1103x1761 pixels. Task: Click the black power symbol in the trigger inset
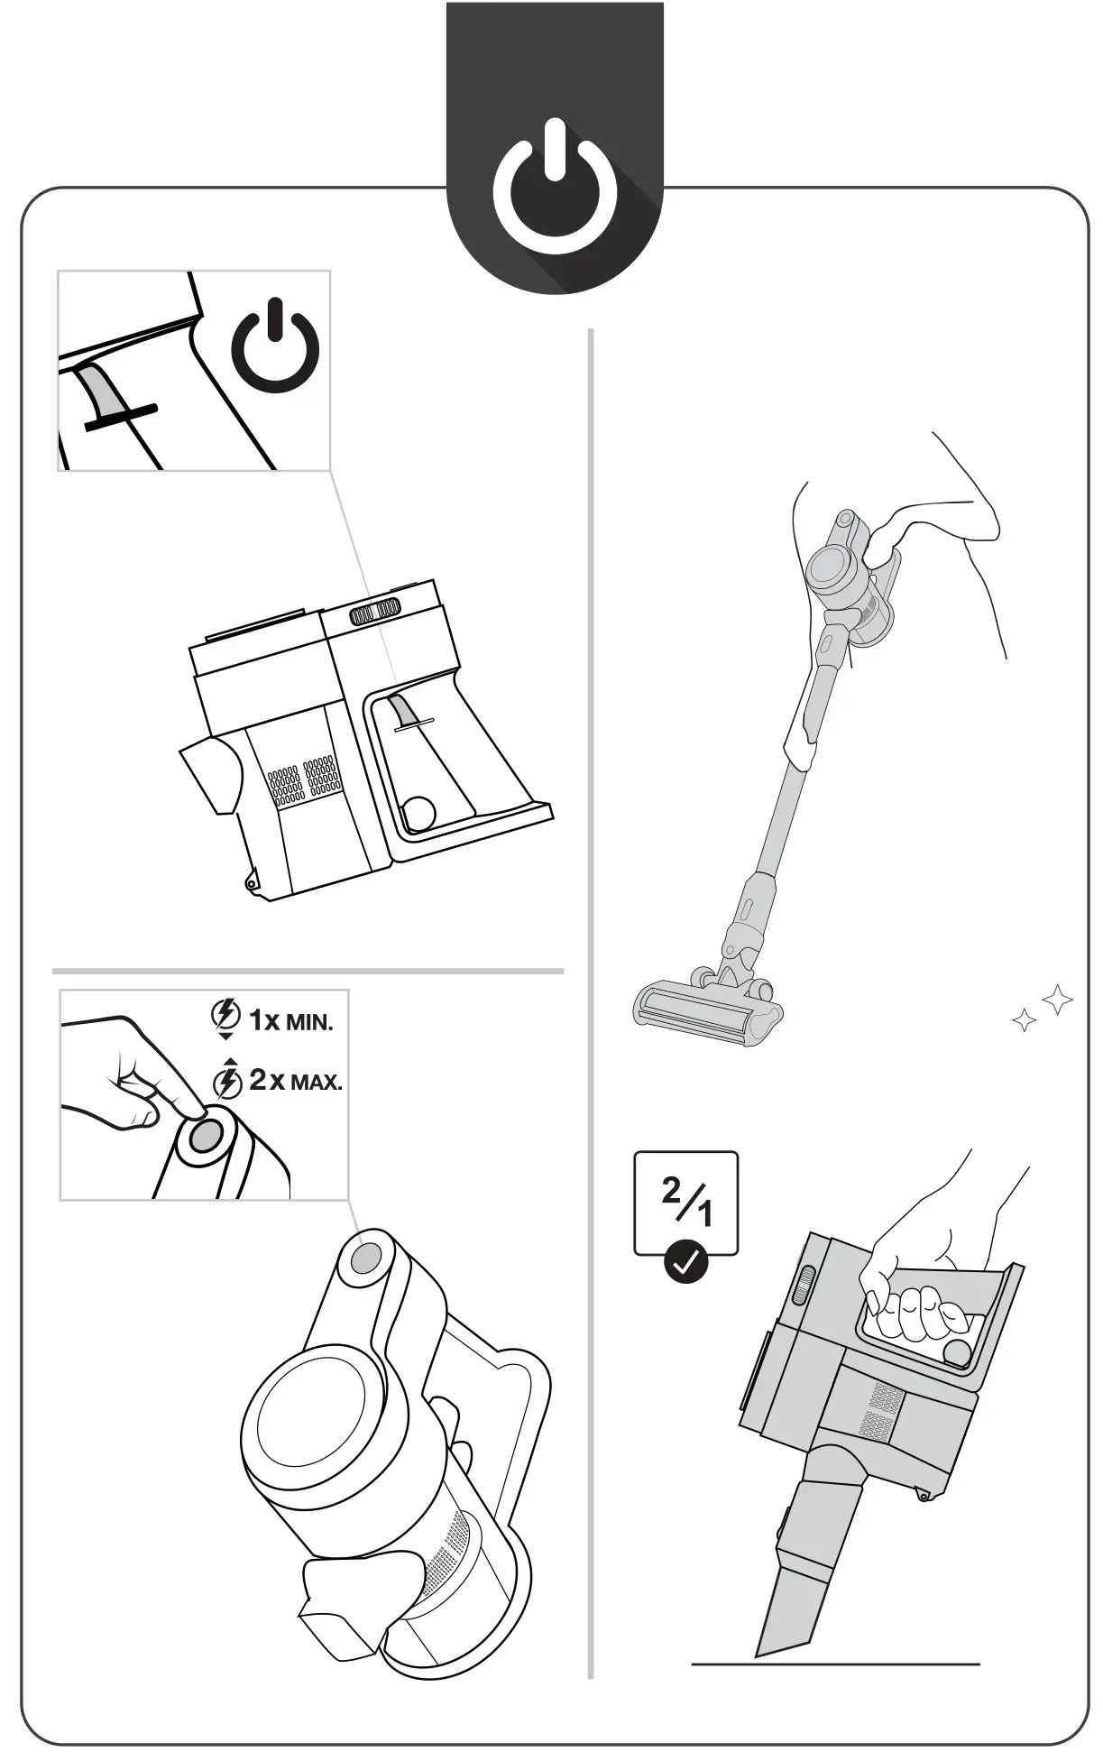pyautogui.click(x=275, y=347)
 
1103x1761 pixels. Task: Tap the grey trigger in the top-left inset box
pyautogui.click(x=102, y=392)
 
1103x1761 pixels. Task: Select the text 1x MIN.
pyautogui.click(x=290, y=1021)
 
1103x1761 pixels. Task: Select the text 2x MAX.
pyautogui.click(x=295, y=1080)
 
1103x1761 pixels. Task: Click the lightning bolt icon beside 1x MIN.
pyautogui.click(x=225, y=1017)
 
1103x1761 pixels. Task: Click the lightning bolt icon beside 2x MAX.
pyautogui.click(x=227, y=1081)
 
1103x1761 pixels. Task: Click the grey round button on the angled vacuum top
pyautogui.click(x=365, y=1257)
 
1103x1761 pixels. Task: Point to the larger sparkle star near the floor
pyautogui.click(x=1057, y=1000)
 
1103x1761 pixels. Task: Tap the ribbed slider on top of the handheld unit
pyautogui.click(x=374, y=612)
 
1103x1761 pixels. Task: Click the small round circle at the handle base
pyautogui.click(x=418, y=813)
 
